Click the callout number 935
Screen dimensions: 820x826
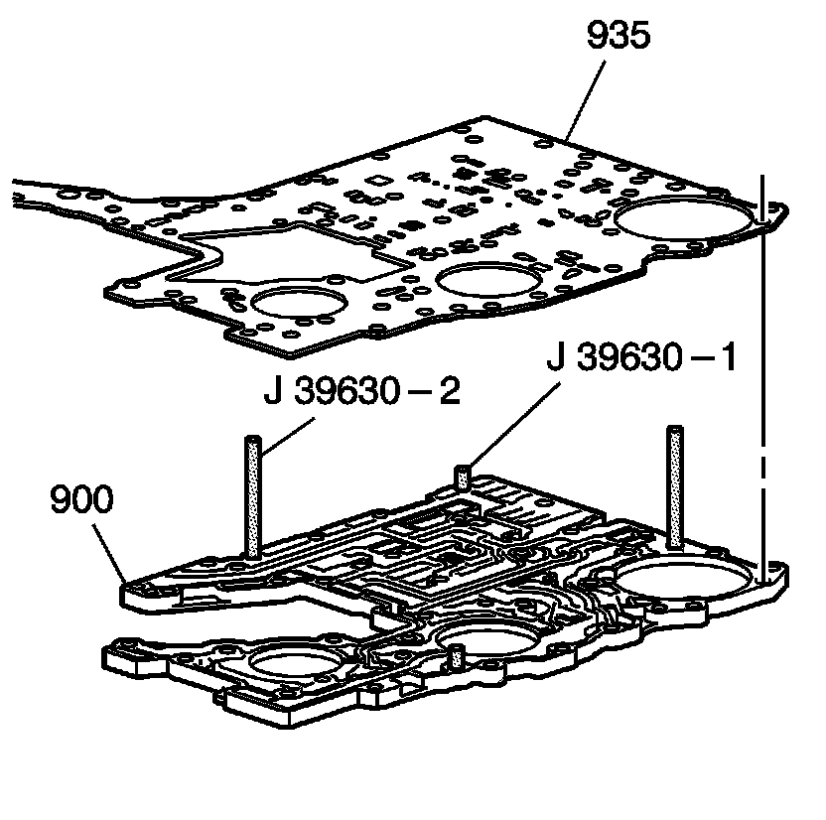618,38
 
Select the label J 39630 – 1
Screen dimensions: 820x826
641,359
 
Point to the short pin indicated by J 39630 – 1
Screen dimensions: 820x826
462,477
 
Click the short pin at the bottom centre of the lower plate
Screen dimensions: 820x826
457,657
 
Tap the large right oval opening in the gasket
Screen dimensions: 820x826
680,216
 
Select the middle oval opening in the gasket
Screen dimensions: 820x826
487,281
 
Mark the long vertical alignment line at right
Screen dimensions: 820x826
762,397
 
